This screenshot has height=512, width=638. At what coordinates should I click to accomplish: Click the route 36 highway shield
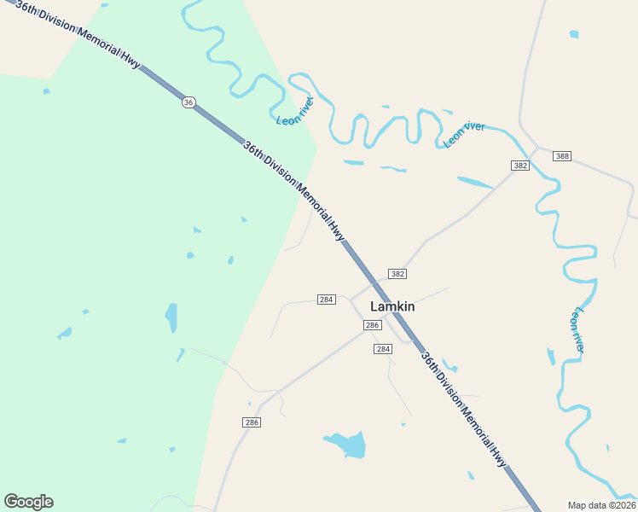point(188,102)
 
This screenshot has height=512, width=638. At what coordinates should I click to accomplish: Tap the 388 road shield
point(561,156)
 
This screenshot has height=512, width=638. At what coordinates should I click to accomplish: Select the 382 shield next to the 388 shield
point(520,165)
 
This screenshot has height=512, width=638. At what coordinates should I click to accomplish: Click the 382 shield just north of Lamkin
point(397,274)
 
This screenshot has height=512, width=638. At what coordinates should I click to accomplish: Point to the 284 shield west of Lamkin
point(326,300)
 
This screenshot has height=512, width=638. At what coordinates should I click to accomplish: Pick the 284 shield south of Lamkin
point(382,349)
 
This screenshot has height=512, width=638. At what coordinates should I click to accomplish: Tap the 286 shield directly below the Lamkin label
point(371,325)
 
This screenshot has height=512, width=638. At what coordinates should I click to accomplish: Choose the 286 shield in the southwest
point(251,422)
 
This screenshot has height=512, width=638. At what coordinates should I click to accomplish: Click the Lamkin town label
point(392,306)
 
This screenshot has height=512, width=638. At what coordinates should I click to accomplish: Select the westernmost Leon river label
point(296,112)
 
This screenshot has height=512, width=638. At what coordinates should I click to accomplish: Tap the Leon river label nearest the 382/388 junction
point(465,135)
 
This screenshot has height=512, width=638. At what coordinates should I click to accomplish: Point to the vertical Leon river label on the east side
point(578,330)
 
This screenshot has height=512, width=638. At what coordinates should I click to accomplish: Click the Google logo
point(28,502)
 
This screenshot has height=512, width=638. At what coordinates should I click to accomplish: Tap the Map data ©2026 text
point(601,504)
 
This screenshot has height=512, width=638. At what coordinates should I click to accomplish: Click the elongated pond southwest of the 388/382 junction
point(475,182)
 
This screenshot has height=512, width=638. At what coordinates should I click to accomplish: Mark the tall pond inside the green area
point(171,317)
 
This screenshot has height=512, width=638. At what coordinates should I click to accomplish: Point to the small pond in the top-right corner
point(574,34)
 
